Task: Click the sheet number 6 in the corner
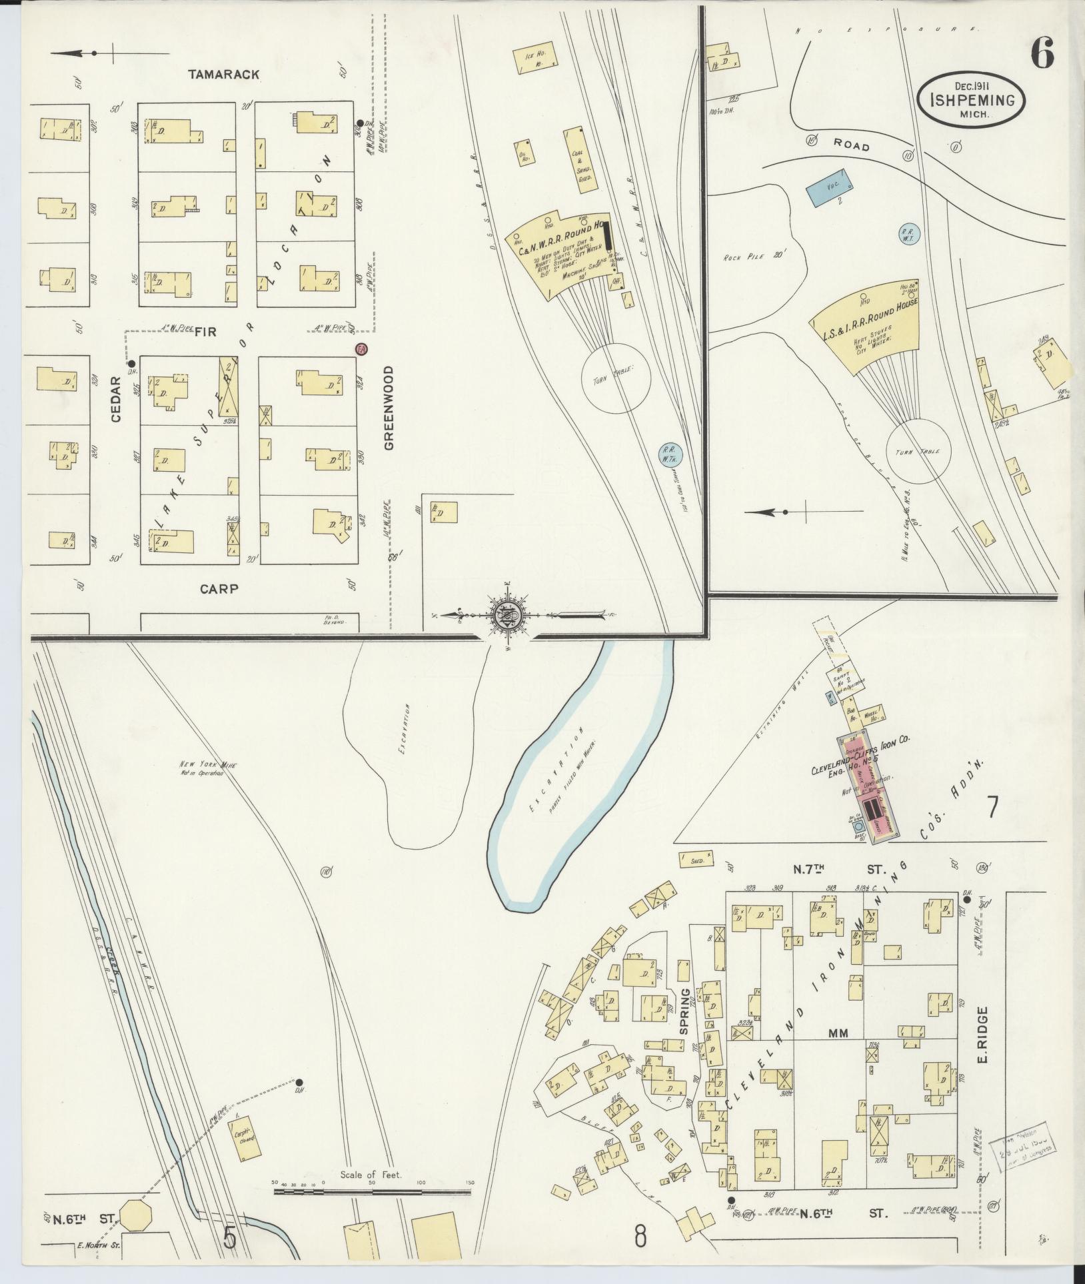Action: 1042,53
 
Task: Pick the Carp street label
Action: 219,588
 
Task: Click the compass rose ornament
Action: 505,614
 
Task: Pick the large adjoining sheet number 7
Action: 992,807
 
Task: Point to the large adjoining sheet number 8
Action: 640,1237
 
